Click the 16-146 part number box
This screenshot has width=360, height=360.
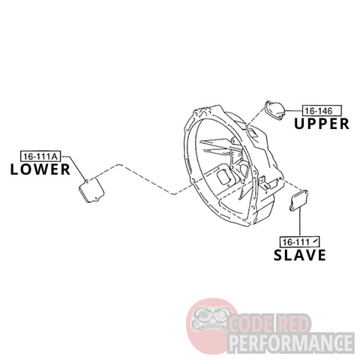322,110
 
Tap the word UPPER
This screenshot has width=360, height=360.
322,124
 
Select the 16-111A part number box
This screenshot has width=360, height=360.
40,156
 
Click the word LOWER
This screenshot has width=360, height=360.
40,169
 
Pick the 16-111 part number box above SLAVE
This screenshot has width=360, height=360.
300,241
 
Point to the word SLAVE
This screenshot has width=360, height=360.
300,255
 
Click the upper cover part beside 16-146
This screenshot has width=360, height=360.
275,109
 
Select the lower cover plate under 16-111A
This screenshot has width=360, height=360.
91,190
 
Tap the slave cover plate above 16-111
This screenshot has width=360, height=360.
298,200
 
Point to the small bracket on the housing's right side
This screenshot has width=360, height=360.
263,182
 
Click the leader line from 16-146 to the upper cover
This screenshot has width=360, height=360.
294,110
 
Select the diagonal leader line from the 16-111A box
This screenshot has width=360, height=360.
73,168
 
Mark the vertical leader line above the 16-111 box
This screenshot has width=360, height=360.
299,222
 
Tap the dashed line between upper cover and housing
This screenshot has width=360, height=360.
256,116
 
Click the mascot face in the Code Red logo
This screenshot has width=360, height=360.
209,319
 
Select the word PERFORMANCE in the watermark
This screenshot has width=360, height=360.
292,342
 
